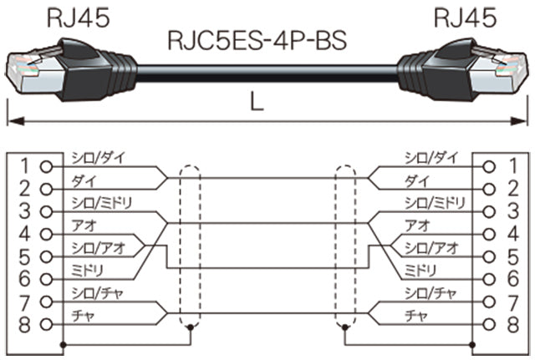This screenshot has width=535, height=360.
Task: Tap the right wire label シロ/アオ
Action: pyautogui.click(x=431, y=247)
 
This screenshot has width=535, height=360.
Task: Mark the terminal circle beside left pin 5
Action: pyautogui.click(x=45, y=255)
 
